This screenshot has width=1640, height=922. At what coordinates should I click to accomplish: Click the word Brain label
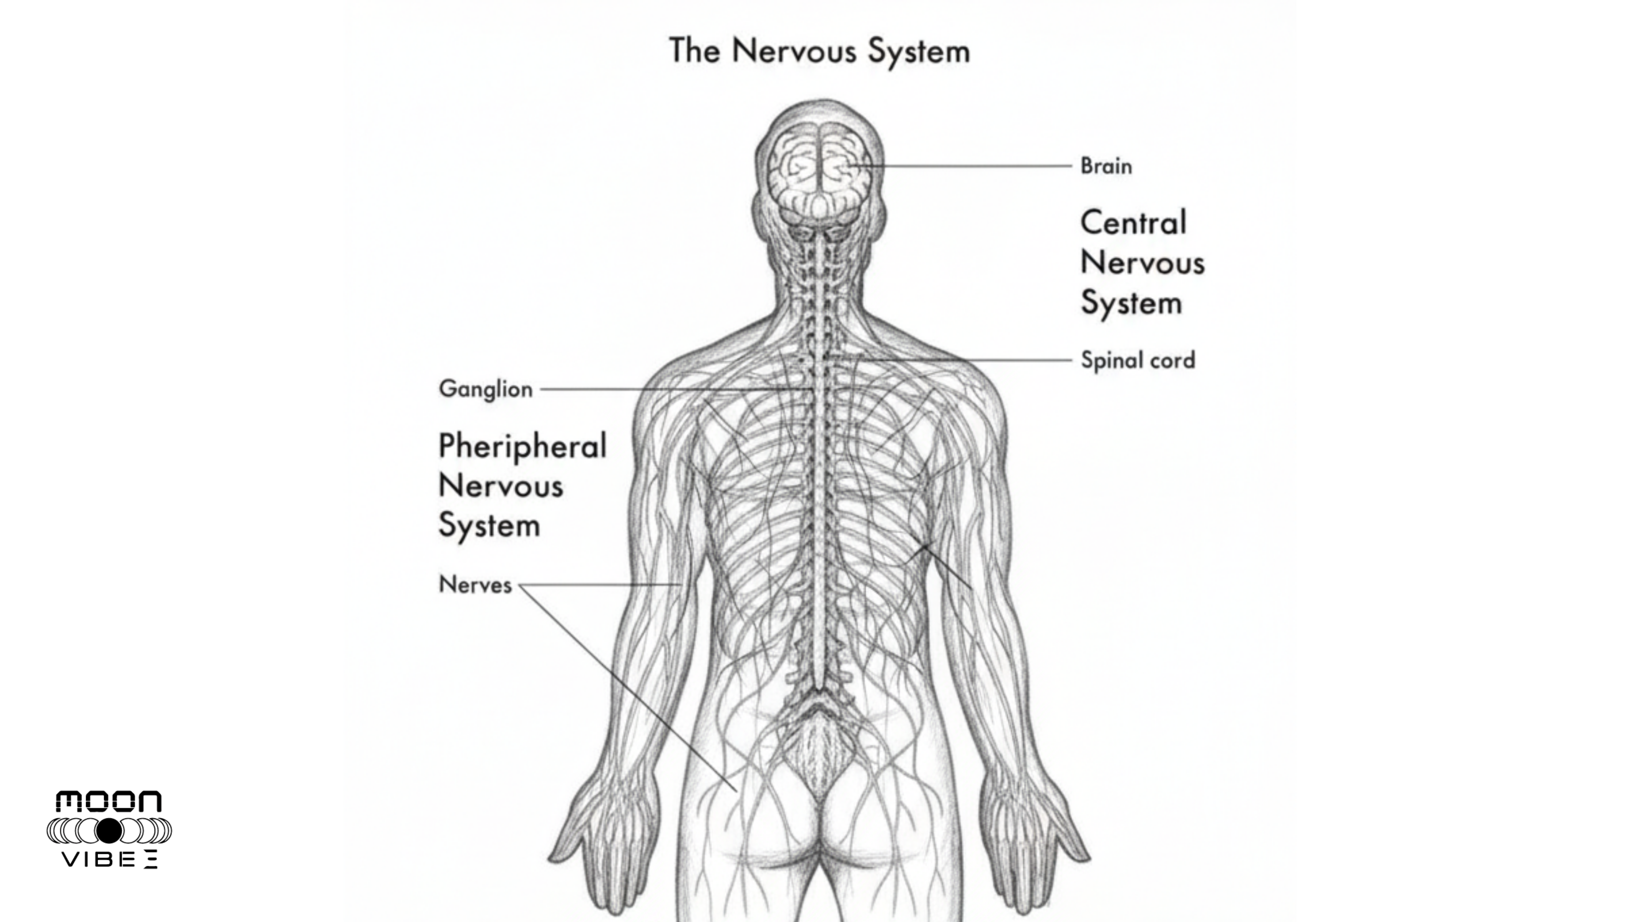click(1106, 166)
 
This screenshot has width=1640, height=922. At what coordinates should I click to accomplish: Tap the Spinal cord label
click(1138, 360)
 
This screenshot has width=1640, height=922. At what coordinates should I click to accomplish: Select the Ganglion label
click(485, 389)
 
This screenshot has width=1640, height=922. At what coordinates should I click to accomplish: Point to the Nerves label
click(475, 585)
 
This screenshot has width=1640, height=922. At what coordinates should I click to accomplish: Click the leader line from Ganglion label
click(668, 389)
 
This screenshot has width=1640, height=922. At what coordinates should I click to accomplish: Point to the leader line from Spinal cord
click(968, 360)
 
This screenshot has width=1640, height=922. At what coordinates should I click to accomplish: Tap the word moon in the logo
click(109, 802)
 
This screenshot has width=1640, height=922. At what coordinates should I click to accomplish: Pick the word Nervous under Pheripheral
click(501, 486)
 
